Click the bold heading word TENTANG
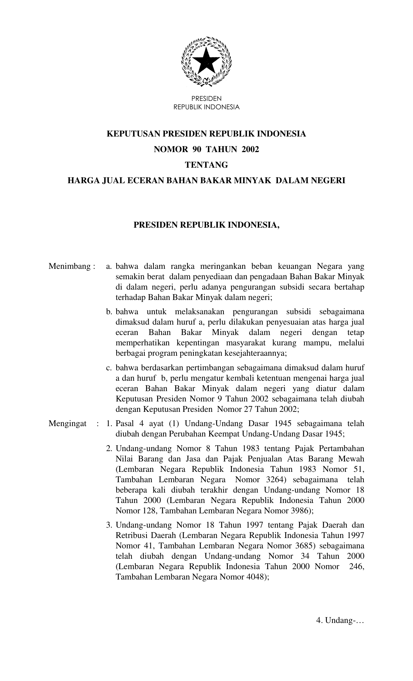(x=206, y=165)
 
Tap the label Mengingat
(x=68, y=424)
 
